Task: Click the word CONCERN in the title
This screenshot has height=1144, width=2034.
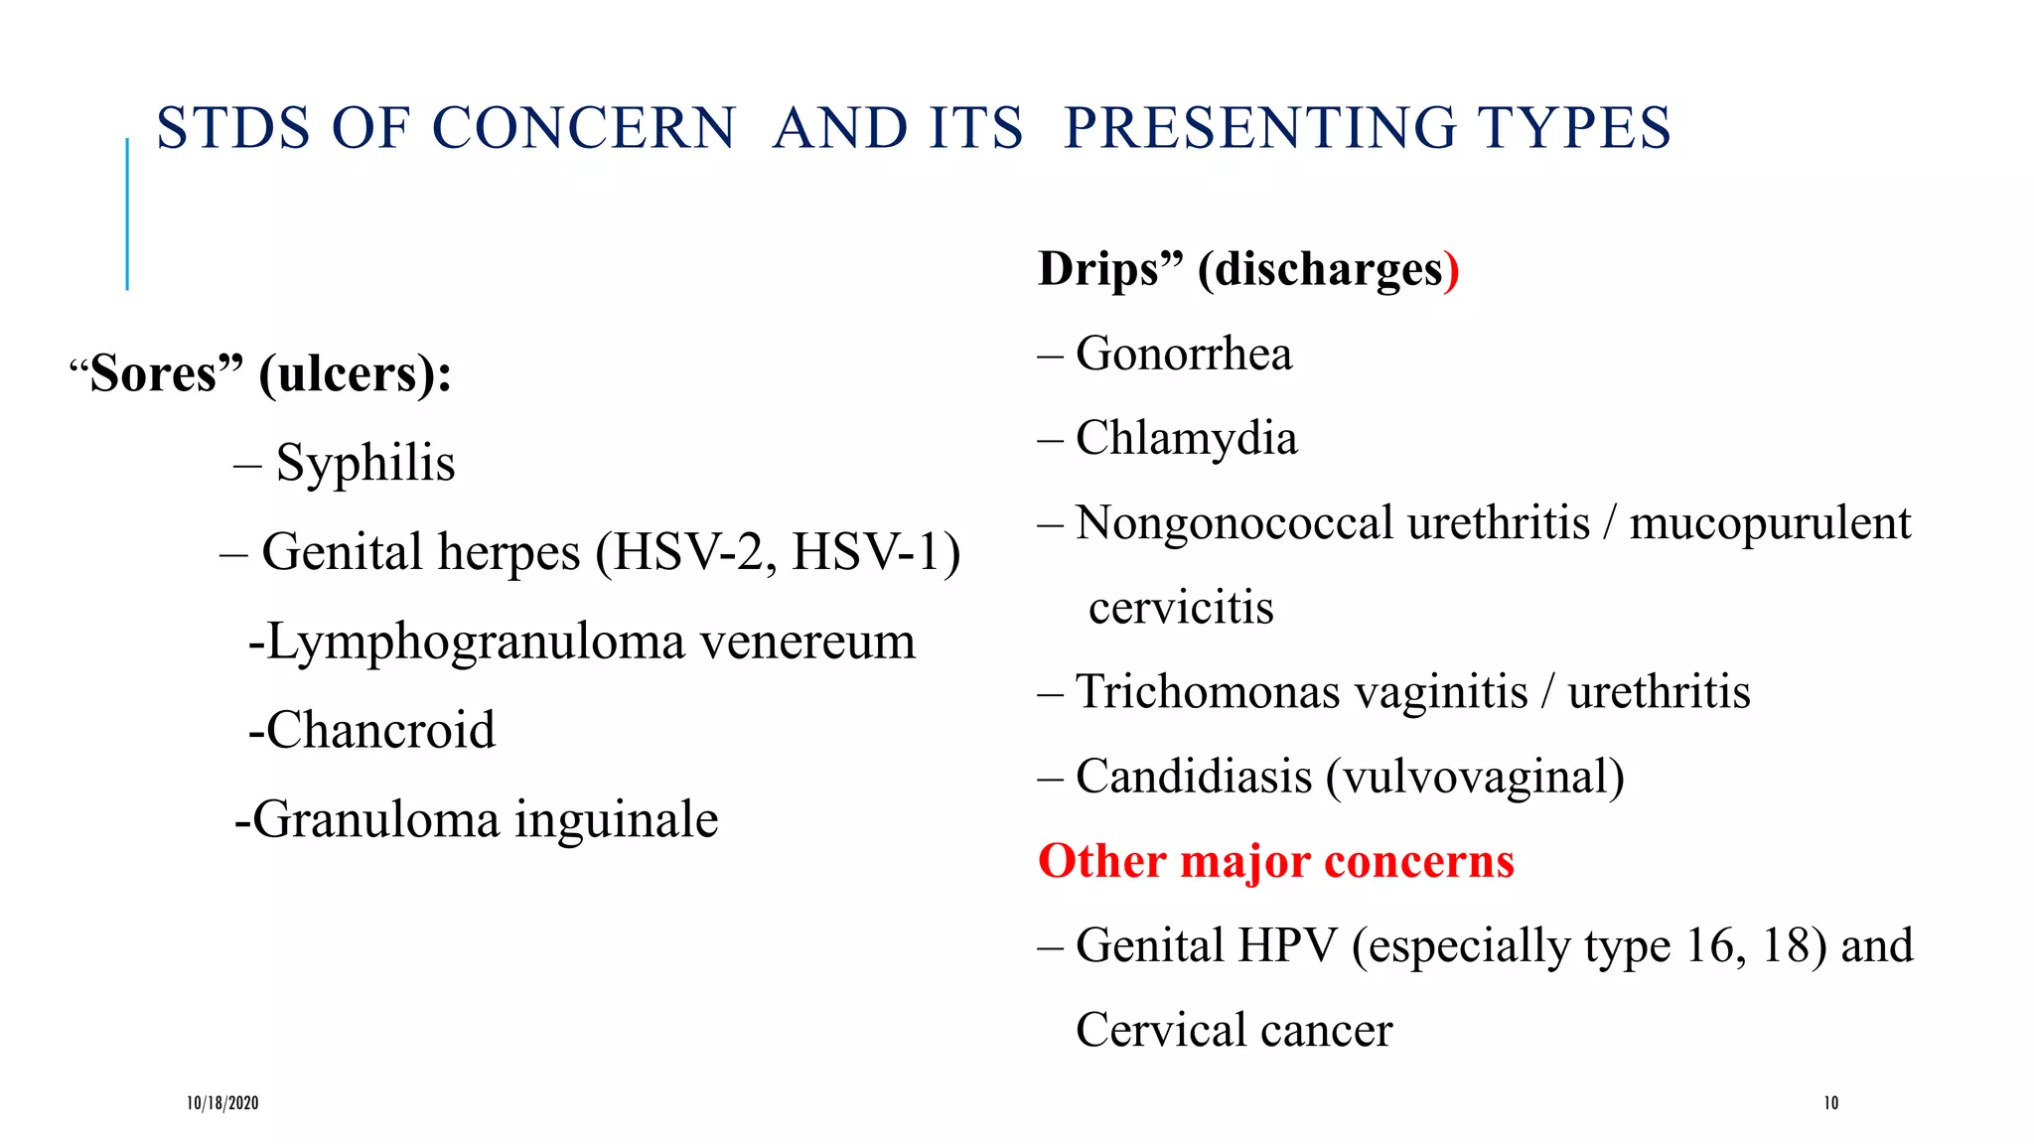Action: (584, 129)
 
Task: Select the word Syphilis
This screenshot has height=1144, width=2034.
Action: (364, 464)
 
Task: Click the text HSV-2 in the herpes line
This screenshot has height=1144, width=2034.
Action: (685, 552)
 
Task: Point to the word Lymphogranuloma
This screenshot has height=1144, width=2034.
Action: (476, 643)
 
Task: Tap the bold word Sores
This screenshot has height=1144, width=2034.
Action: (154, 374)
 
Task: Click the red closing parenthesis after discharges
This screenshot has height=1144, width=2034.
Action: (1452, 270)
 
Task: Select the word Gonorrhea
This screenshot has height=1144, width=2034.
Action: (1184, 355)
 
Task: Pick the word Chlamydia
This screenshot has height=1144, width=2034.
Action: (1186, 439)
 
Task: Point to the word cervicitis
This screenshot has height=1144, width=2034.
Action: (1180, 608)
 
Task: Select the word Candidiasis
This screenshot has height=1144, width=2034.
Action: (1194, 777)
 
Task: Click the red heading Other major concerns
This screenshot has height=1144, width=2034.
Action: (1275, 861)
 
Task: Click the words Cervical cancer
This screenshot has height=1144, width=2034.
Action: (1234, 1031)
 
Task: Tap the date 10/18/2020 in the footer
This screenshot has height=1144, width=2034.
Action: (222, 1103)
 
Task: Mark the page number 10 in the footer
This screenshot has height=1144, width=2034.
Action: (1830, 1103)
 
